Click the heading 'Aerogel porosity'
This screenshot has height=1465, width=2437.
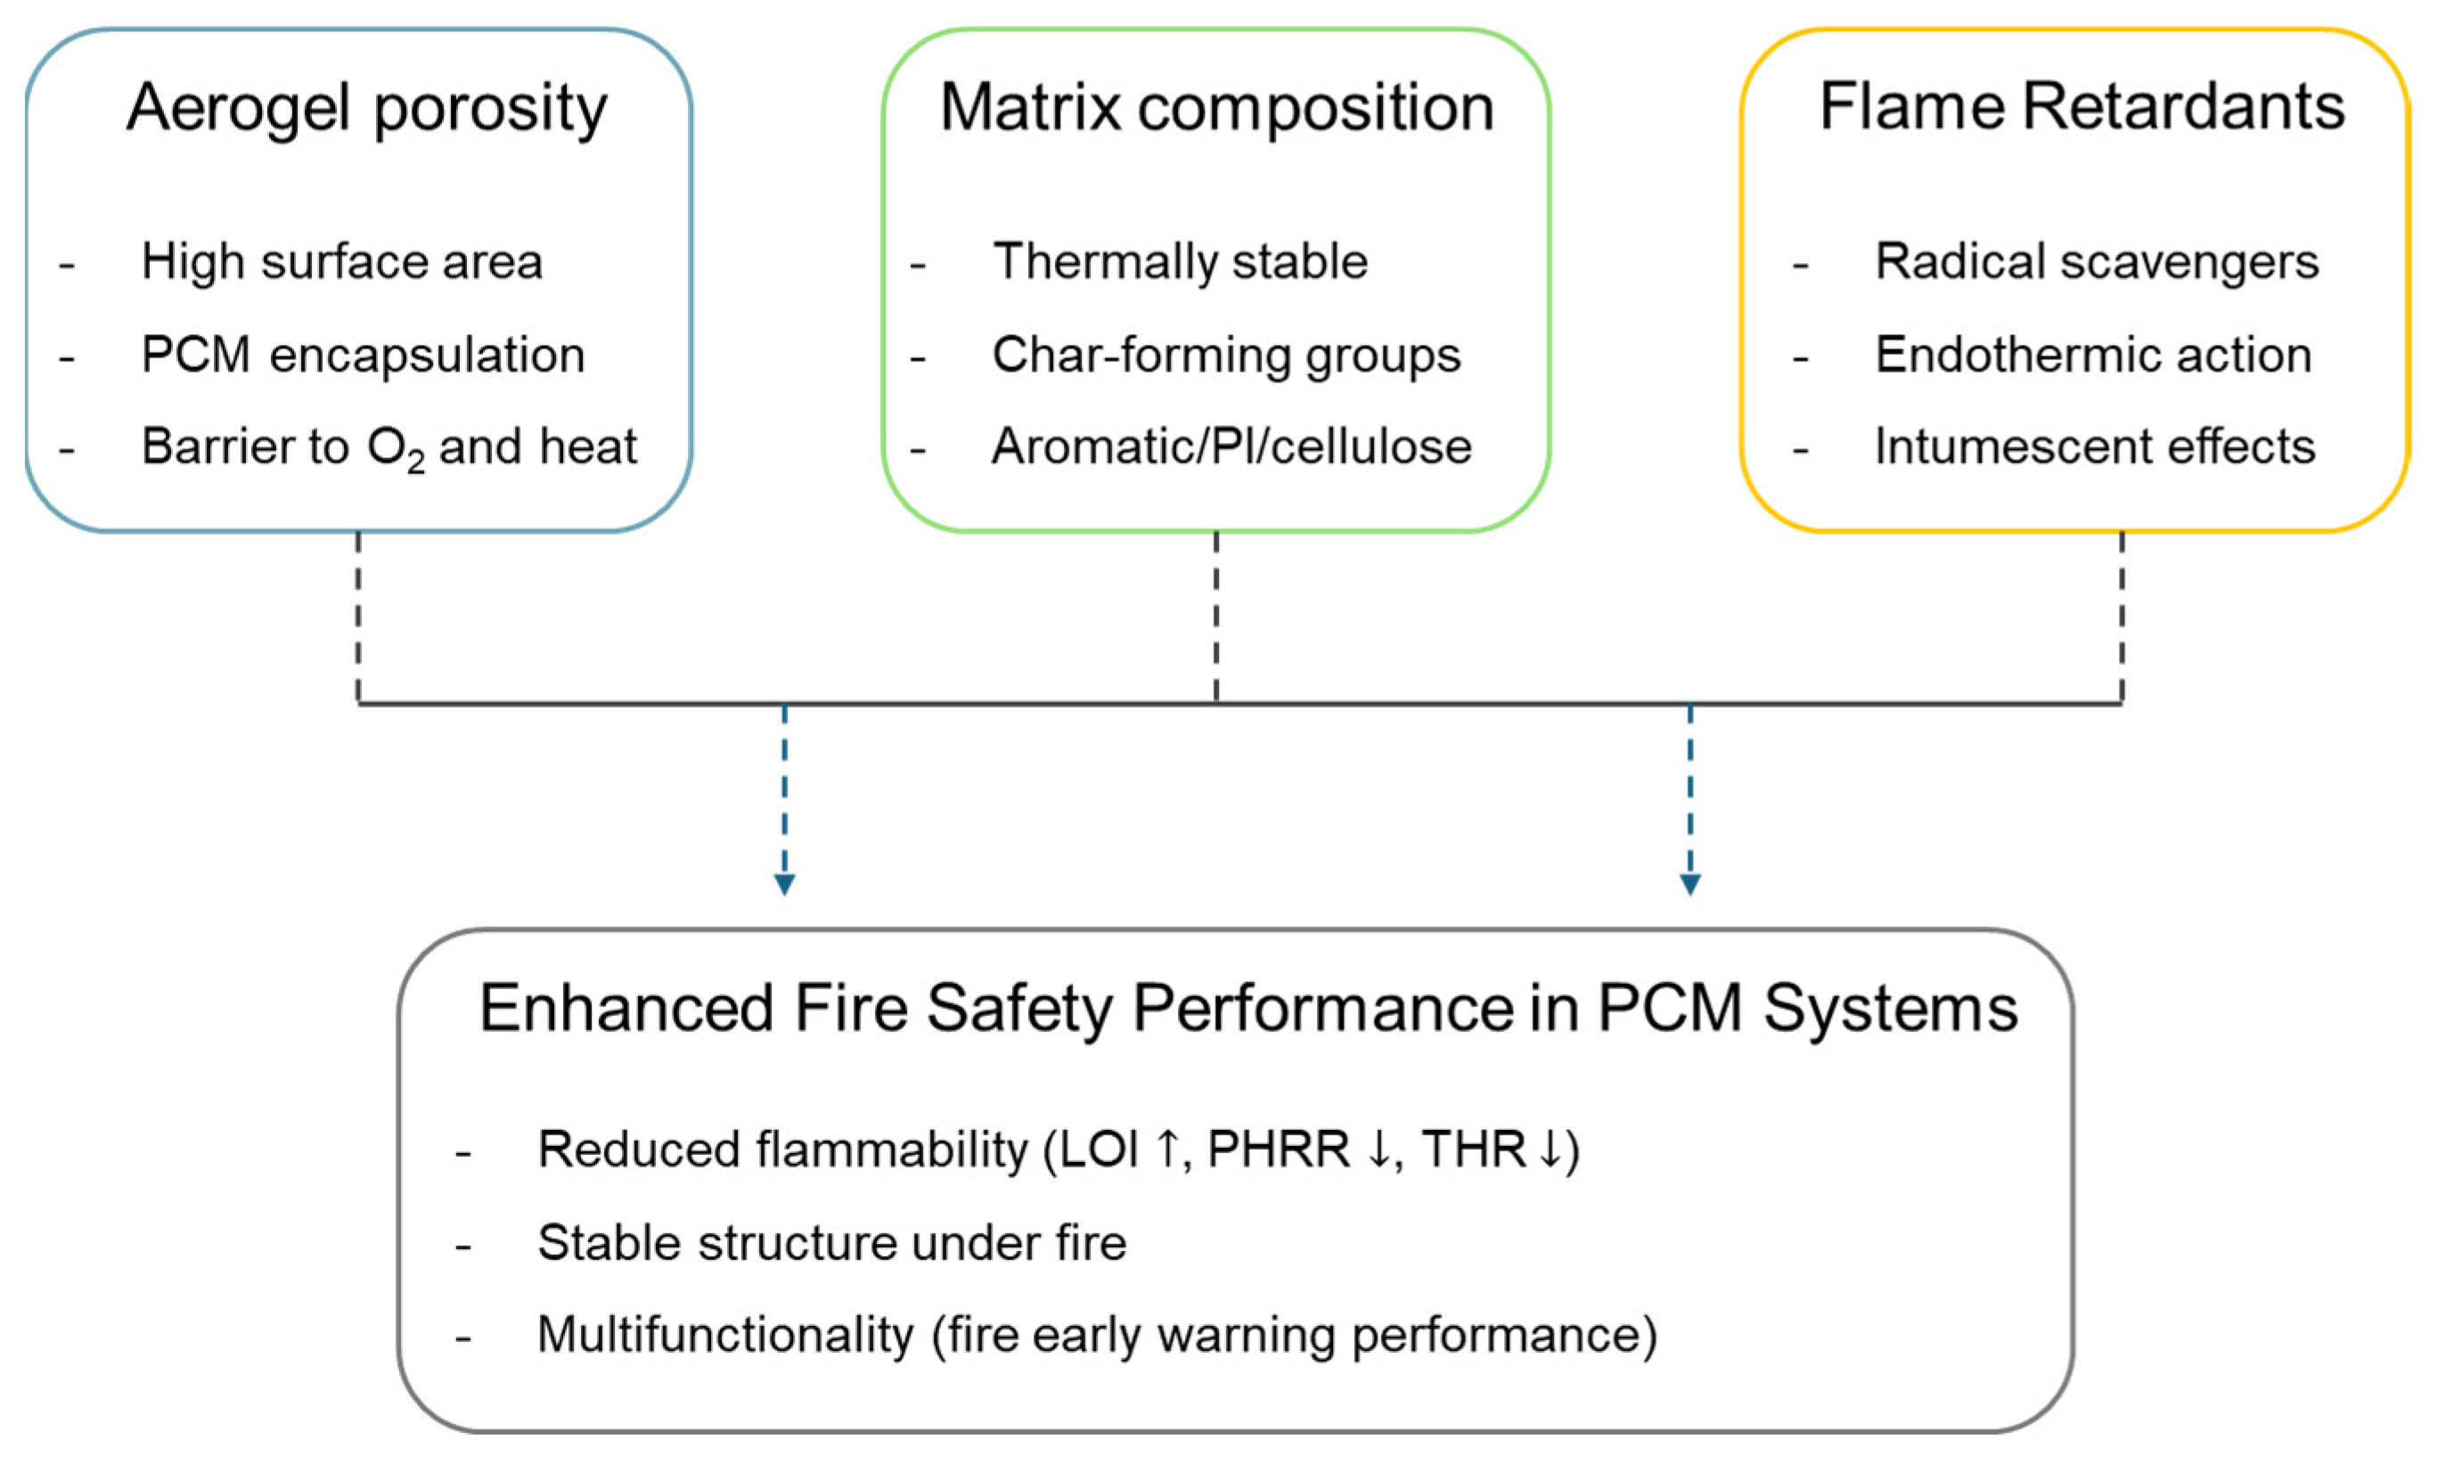366,109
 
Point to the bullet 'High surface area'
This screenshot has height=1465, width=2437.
341,262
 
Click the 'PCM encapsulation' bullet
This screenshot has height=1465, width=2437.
364,355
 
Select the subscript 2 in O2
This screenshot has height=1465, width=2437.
415,461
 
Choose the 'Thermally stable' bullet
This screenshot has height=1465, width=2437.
1181,262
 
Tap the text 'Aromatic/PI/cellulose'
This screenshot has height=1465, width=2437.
1231,446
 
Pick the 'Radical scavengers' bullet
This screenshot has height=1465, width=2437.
2097,262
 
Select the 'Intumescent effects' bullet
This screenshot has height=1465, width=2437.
2095,446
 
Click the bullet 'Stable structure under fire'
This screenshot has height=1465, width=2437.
831,1242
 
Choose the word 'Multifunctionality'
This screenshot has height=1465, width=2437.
725,1335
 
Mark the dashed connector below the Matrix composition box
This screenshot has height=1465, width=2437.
1216,617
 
